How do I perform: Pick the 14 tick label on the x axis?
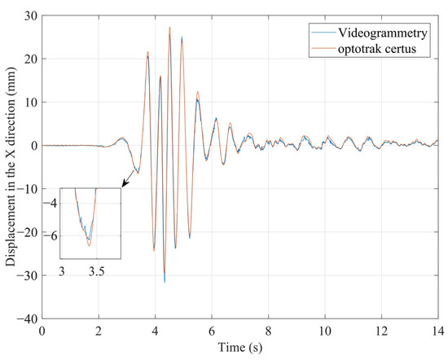[437, 332]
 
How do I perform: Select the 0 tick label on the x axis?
[42, 332]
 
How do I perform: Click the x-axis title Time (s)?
[239, 349]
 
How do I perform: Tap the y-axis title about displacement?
[11, 167]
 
